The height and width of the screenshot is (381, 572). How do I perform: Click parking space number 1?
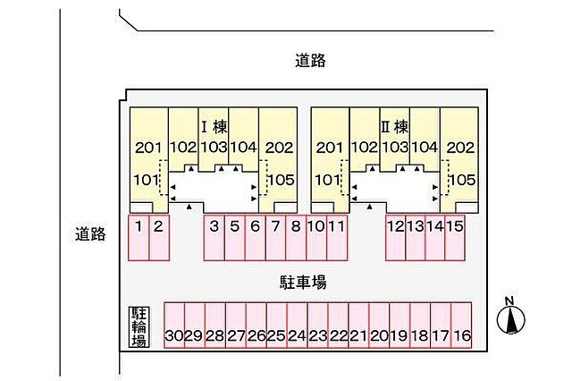(139, 237)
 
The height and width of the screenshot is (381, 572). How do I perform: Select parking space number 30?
(174, 326)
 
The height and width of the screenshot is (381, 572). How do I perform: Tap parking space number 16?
(461, 326)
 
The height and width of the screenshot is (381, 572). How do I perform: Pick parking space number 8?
(296, 237)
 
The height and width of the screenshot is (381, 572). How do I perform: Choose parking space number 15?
(455, 237)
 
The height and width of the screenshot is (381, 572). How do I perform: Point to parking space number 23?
(318, 326)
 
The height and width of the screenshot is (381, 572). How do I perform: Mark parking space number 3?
(214, 237)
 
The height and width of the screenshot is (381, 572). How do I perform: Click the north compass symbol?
(510, 318)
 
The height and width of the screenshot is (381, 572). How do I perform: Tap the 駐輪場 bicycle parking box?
(139, 327)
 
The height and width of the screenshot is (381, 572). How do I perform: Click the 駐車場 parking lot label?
(303, 282)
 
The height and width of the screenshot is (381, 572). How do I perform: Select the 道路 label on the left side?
(90, 234)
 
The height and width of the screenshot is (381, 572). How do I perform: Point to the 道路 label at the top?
(310, 61)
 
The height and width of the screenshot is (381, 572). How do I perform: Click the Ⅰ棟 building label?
(214, 127)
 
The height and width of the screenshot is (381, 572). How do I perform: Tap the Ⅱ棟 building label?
(395, 127)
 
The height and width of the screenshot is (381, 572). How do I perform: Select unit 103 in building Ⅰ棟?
(214, 147)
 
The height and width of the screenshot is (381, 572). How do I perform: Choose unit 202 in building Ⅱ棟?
(461, 148)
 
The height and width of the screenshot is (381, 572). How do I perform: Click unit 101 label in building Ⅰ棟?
(147, 180)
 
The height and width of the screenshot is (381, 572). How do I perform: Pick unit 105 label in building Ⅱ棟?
(462, 180)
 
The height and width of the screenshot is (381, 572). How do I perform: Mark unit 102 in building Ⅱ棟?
(365, 147)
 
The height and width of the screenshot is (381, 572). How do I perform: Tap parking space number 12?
(395, 237)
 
